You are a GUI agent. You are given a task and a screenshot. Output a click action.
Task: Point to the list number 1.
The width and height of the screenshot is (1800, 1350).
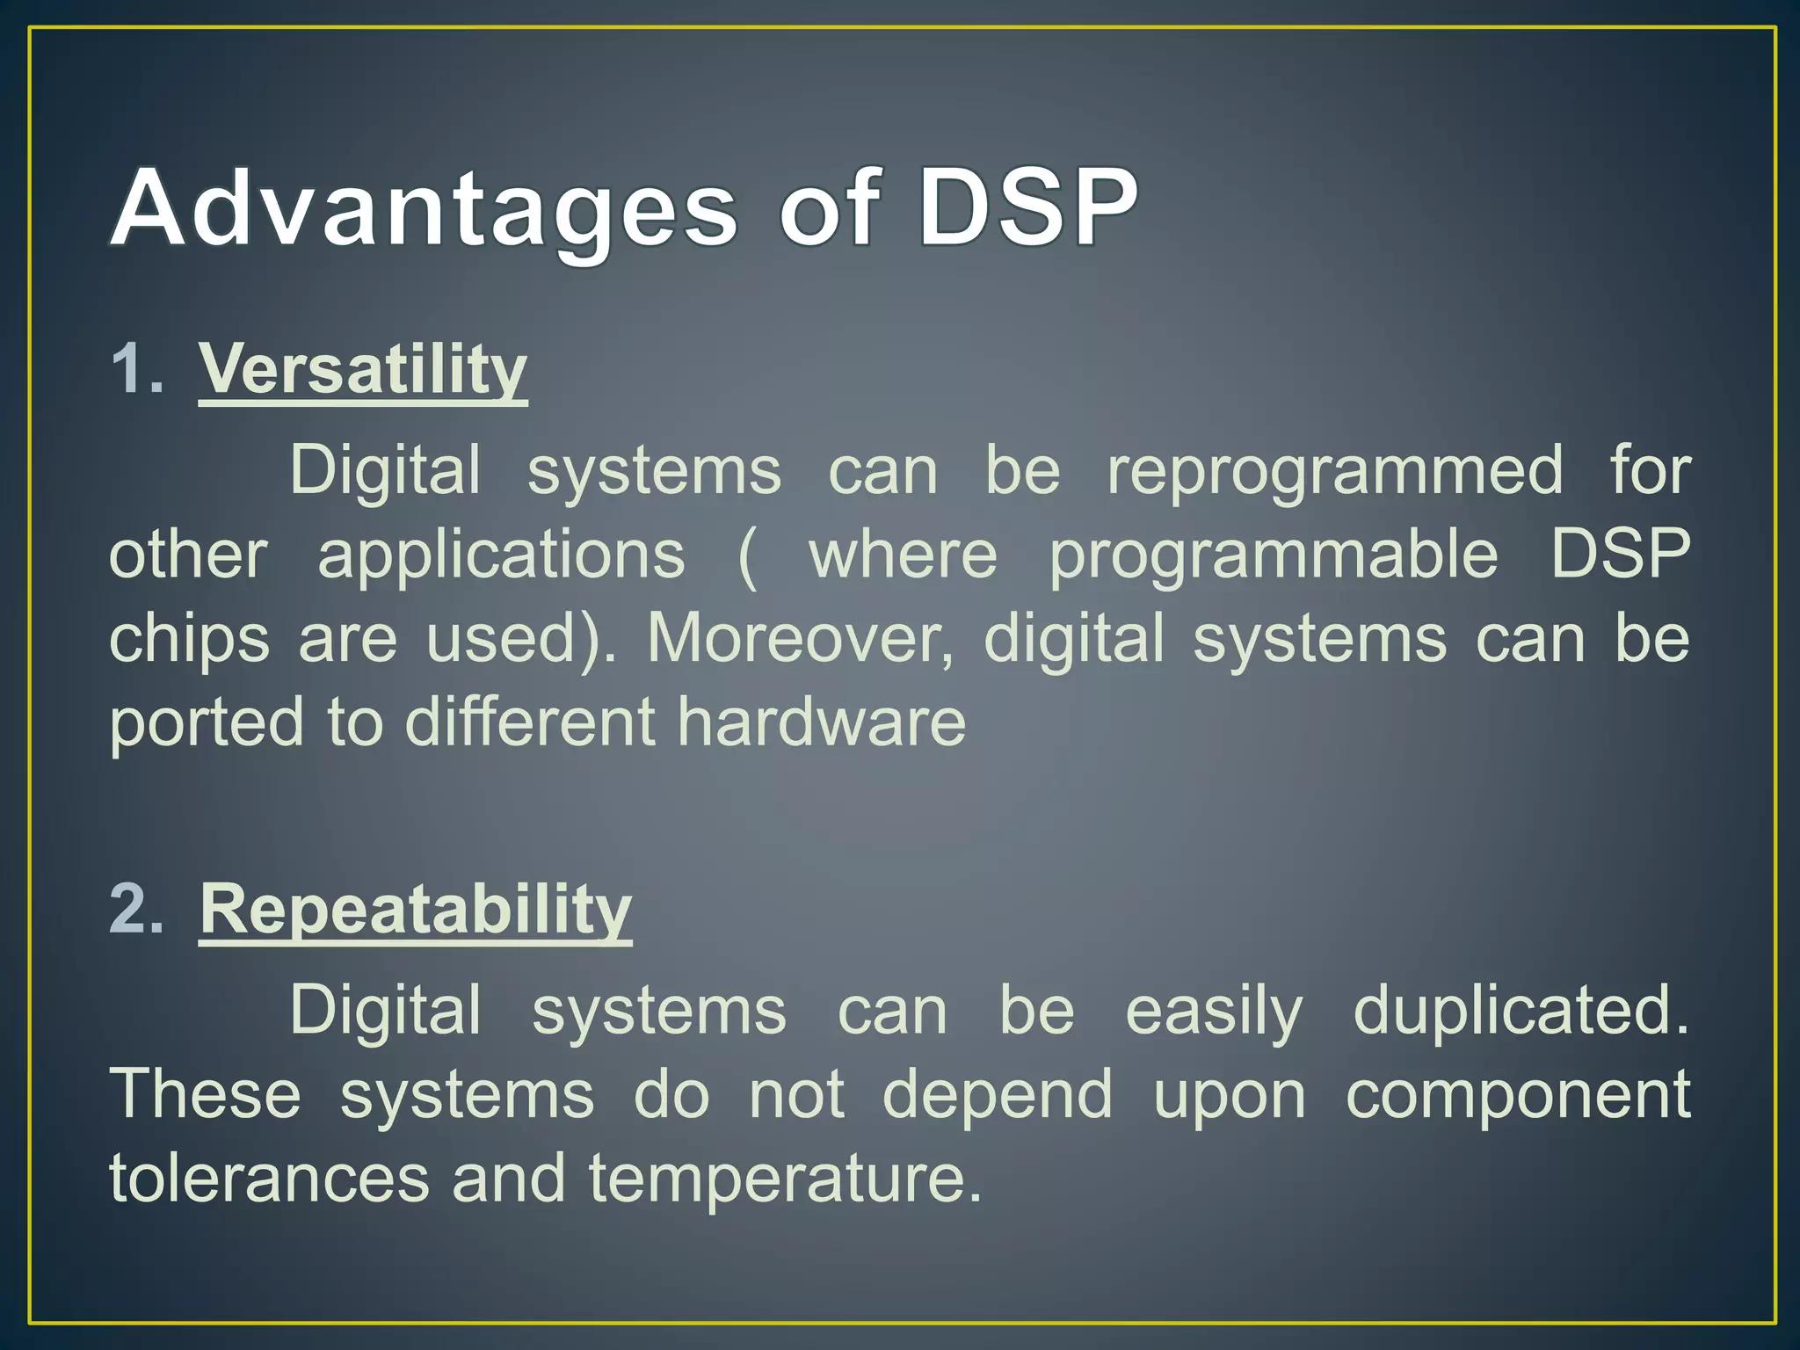[136, 369]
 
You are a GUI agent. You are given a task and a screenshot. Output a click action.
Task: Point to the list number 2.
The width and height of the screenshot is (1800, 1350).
[136, 909]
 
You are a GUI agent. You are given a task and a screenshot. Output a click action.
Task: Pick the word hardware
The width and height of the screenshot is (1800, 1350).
[822, 722]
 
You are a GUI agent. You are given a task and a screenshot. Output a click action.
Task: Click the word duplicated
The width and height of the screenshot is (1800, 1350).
[1521, 1011]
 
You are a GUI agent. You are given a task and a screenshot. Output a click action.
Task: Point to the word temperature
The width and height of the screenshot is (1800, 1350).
[784, 1179]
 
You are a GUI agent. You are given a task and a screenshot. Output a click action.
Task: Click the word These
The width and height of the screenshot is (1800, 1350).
[205, 1095]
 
